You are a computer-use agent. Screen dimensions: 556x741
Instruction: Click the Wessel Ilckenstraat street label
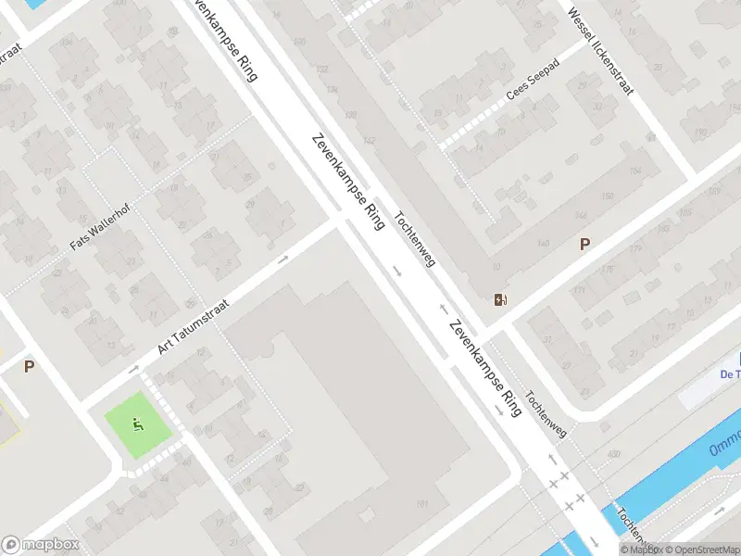click(x=601, y=54)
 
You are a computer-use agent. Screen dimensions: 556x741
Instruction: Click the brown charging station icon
click(x=500, y=298)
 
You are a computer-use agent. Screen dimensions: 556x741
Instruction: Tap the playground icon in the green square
click(x=138, y=425)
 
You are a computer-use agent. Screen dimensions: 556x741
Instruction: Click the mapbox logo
click(x=41, y=545)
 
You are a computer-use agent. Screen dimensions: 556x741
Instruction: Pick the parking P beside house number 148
click(x=584, y=245)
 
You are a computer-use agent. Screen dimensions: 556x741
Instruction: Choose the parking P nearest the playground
click(x=29, y=366)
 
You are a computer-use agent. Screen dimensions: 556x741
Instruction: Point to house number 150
click(x=608, y=196)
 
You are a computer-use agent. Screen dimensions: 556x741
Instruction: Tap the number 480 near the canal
click(x=612, y=453)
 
